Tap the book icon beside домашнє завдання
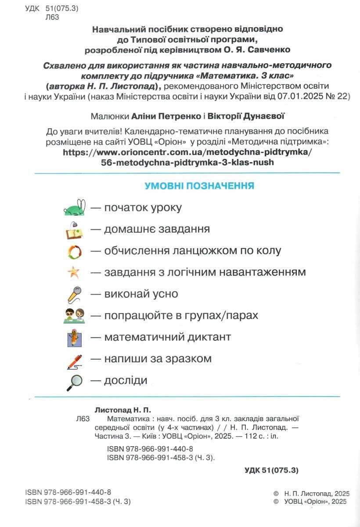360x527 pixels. [x=75, y=230]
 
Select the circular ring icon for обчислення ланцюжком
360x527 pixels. [x=75, y=251]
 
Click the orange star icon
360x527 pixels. [x=73, y=273]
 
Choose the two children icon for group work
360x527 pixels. [x=75, y=316]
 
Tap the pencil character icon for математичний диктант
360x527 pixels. [x=75, y=338]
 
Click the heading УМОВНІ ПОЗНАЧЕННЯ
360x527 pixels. [x=199, y=186]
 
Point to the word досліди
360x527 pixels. [x=126, y=380]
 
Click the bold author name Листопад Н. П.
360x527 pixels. [x=122, y=410]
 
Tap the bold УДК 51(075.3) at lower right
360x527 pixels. [x=271, y=470]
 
